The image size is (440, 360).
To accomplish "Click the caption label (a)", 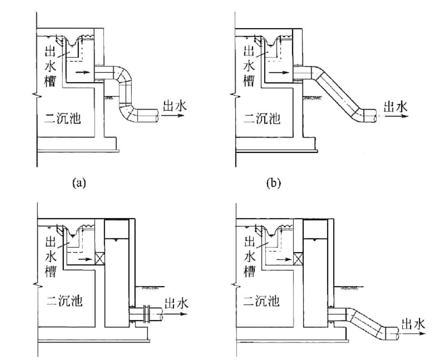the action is coord(79,183).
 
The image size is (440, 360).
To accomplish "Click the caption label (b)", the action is coord(273,183).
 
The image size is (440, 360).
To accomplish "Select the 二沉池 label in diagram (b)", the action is coord(262,119).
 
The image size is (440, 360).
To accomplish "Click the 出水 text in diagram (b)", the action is coord(395,107).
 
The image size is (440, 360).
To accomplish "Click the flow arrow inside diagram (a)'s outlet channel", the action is coord(83,73).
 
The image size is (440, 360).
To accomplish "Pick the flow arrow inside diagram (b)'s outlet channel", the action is coord(279,73).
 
